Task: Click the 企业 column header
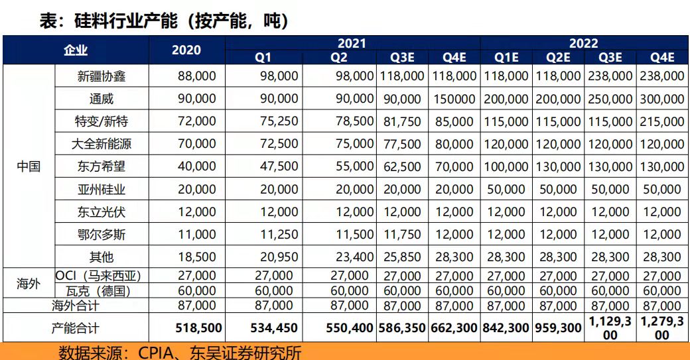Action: (76, 50)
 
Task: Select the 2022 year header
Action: (584, 43)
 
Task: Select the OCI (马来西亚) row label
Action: (98, 276)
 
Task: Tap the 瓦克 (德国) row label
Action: (98, 291)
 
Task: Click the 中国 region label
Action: (29, 166)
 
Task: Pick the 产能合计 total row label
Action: (76, 328)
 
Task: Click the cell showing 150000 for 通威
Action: (454, 99)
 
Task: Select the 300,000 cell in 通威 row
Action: (662, 99)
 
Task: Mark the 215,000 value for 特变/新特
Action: (662, 121)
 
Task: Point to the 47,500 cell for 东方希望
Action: (279, 166)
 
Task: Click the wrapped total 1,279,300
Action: (662, 328)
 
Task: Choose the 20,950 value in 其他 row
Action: (279, 257)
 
